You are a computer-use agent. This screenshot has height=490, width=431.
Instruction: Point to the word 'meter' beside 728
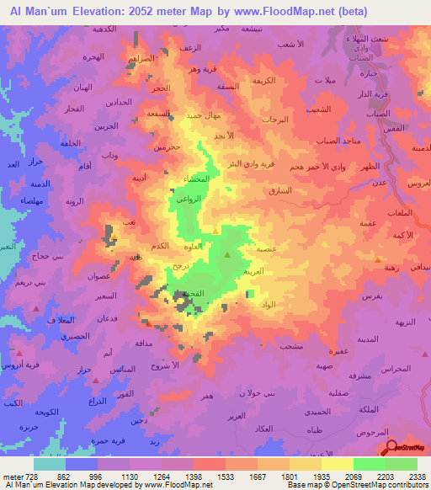point(16,477)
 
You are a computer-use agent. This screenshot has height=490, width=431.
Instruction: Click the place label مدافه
point(143,344)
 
